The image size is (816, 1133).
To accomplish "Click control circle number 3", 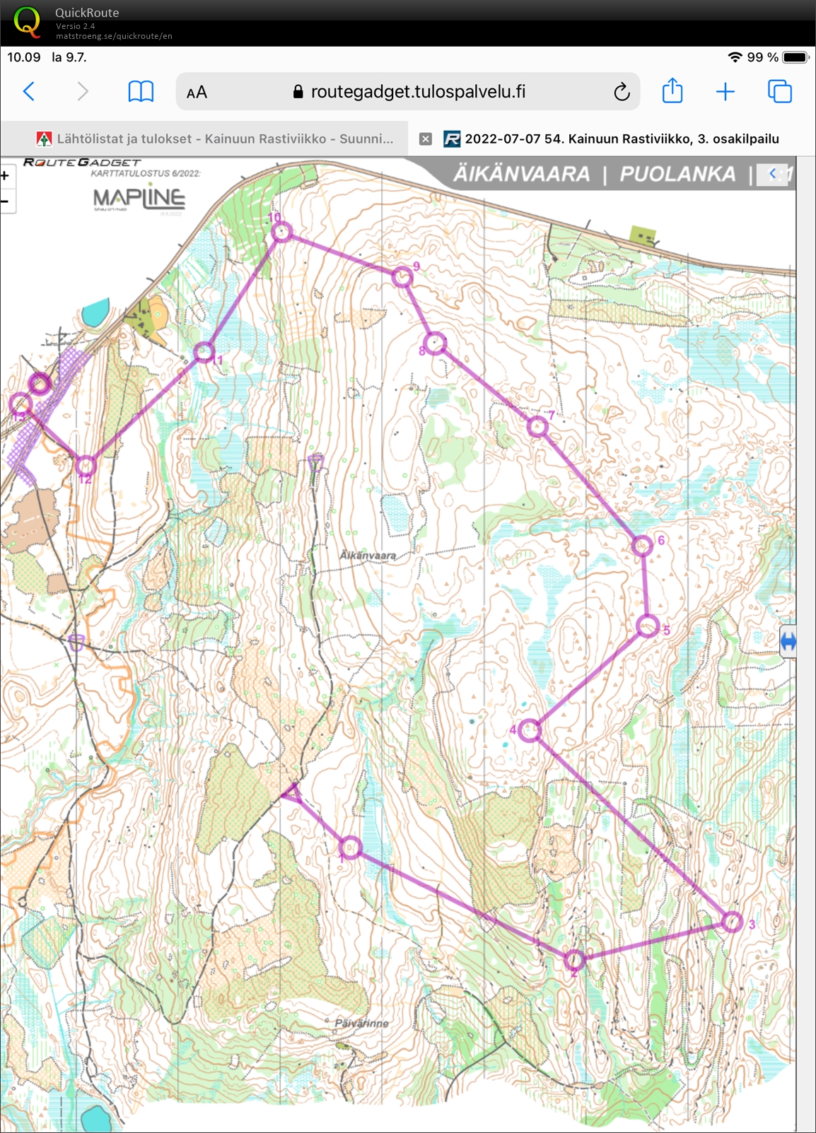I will [733, 922].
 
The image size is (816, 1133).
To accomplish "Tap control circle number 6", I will [642, 546].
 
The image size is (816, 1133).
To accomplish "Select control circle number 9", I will [402, 276].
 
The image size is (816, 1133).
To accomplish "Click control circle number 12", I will [86, 465].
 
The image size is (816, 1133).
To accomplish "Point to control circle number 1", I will [350, 847].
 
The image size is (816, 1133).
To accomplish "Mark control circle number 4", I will [529, 730].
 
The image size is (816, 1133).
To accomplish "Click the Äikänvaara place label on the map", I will [368, 556].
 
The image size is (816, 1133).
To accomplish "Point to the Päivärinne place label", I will [361, 1023].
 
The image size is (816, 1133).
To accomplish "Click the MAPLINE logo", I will [139, 199].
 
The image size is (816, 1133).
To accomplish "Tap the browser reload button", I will [622, 92].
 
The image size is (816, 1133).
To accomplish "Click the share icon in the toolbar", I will [672, 91].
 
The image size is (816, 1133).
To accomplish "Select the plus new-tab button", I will [725, 92].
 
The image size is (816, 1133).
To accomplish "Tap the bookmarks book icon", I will [141, 92].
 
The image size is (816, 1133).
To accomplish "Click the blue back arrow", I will [29, 92].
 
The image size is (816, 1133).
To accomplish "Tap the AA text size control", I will [197, 93].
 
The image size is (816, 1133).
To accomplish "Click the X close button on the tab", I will [426, 139].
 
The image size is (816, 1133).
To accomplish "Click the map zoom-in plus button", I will [5, 176].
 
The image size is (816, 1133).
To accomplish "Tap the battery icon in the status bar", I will [795, 57].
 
